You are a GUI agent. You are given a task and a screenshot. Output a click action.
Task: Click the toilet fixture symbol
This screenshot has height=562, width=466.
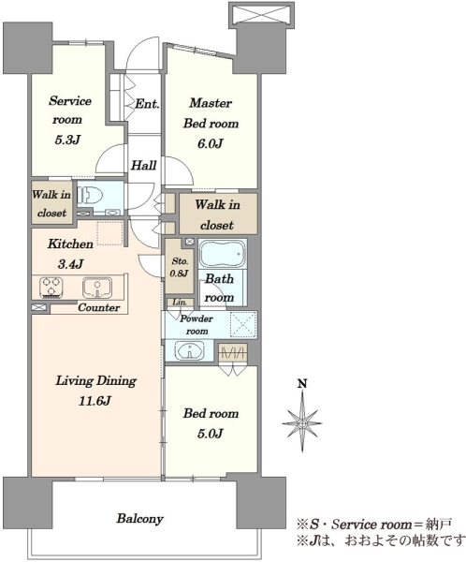coord(90,196)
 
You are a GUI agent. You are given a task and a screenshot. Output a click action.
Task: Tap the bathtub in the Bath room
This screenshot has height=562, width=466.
coord(223,254)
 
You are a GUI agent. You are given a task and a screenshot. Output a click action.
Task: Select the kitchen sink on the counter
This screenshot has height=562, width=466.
coord(97,288)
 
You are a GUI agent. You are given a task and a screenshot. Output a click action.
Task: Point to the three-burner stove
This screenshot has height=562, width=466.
coord(51,288)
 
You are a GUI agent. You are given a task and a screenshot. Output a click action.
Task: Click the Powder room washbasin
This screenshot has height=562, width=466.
coord(189,349)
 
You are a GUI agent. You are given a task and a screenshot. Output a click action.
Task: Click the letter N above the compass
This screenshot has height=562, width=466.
coord(302,384)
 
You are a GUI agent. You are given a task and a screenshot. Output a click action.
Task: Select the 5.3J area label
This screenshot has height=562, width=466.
coord(66,140)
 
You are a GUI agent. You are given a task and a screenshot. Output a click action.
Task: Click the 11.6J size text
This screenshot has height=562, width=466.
coord(95,401)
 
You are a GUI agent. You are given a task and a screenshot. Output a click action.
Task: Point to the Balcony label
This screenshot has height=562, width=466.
coord(139,519)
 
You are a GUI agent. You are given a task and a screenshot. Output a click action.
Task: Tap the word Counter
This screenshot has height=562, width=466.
coord(99,307)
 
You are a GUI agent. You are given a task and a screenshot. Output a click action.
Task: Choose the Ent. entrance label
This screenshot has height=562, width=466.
coord(147,104)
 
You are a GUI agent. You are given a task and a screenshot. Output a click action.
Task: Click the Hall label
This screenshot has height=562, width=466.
coord(143,165)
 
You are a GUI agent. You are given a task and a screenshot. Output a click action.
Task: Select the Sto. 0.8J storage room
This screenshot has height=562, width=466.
coord(179,266)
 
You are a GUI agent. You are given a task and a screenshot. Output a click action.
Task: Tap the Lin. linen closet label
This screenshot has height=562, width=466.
coord(180,303)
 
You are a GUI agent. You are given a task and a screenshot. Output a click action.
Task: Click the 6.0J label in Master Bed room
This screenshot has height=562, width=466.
coord(211,143)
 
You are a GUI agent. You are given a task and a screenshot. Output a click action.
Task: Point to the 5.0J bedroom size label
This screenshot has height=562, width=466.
coord(211,434)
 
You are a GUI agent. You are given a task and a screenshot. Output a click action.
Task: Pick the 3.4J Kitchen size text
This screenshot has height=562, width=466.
coord(70,264)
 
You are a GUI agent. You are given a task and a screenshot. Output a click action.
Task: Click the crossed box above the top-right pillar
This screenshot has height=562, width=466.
coord(261,16)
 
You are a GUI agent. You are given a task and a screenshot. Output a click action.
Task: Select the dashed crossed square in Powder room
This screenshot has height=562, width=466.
coord(243,324)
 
